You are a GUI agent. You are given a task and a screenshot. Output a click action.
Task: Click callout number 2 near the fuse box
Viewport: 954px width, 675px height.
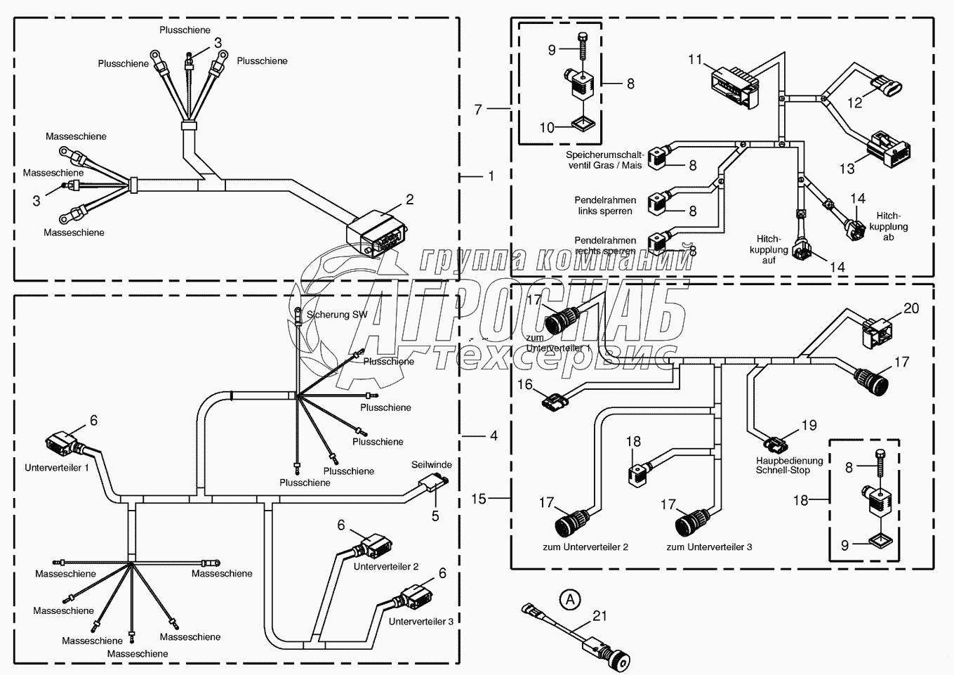409,199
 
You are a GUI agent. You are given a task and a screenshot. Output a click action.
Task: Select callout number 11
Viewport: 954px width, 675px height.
695,60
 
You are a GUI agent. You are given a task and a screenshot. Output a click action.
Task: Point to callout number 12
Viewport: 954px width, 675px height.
854,103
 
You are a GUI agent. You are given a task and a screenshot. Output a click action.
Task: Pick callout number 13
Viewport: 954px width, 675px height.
847,168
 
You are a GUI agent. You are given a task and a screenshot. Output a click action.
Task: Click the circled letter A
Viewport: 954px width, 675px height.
571,599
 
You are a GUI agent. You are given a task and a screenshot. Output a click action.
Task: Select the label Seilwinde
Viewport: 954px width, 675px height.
432,464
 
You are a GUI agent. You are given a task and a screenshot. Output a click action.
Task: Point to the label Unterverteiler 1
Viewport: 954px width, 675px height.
57,467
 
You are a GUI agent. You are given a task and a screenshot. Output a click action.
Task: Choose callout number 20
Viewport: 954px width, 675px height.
910,308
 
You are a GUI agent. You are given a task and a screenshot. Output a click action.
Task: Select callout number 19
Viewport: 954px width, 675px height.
809,425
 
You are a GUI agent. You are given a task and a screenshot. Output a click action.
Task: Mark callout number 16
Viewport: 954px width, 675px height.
525,384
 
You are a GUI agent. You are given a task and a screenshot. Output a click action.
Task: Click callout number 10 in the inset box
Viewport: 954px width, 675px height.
547,127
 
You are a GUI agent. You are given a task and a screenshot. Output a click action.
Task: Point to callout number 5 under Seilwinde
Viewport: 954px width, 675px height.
435,516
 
